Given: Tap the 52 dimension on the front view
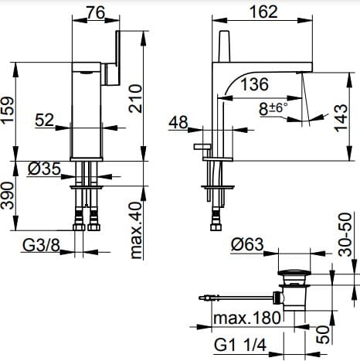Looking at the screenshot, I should pos(43,120).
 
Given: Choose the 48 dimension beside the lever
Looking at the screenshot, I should pos(179,122).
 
